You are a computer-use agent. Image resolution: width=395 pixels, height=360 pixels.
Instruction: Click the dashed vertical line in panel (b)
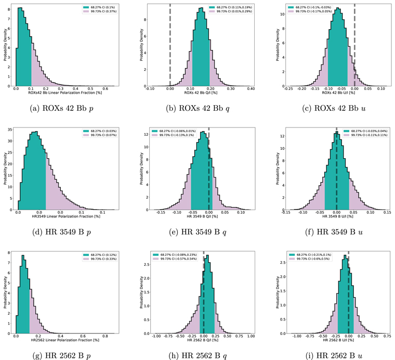170,47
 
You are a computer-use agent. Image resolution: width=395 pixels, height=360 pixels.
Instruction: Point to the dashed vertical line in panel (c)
354,47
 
